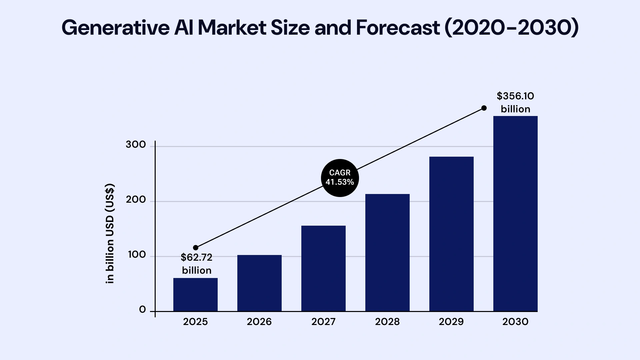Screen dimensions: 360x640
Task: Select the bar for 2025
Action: pos(195,295)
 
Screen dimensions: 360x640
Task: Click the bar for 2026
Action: pos(259,283)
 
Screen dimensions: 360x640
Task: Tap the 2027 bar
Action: pos(323,269)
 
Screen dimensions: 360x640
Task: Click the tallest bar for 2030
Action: pos(515,214)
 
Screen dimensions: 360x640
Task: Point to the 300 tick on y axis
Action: pos(136,145)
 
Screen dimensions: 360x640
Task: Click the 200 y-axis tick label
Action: pos(136,200)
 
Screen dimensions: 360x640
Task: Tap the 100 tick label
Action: pos(137,255)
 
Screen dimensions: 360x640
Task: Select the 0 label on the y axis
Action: pos(142,310)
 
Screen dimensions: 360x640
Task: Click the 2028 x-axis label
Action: pos(387,322)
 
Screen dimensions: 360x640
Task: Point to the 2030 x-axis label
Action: pos(515,322)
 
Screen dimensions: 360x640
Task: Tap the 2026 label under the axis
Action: pos(259,322)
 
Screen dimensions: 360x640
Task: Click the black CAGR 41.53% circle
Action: pos(340,178)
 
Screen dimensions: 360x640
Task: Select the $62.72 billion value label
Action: pos(197,264)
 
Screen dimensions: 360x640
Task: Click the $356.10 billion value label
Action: pos(515,102)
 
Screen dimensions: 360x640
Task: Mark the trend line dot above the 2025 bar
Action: pos(196,248)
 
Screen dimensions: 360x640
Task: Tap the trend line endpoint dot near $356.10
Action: pos(484,108)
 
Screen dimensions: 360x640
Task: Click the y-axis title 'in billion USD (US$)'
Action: pos(110,233)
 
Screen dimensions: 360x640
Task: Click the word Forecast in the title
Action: pos(398,28)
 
